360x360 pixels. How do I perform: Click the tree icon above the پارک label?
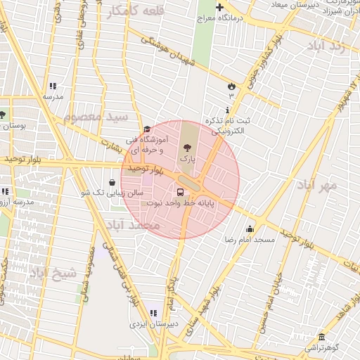pyautogui.click(x=187, y=148)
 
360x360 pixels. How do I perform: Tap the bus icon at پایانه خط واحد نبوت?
pyautogui.click(x=181, y=191)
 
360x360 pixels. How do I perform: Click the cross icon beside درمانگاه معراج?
pyautogui.click(x=220, y=8)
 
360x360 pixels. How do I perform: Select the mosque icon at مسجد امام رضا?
pyautogui.click(x=250, y=229)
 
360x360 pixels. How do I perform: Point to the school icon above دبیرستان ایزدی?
pyautogui.click(x=154, y=313)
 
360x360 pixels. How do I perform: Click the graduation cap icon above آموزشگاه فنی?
pyautogui.click(x=147, y=129)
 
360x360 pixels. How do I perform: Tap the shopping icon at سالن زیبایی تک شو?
pyautogui.click(x=112, y=181)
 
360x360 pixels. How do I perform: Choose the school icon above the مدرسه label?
pyautogui.click(x=53, y=86)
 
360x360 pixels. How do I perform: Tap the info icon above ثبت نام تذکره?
pyautogui.click(x=226, y=110)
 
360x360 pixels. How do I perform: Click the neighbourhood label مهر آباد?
pyautogui.click(x=317, y=185)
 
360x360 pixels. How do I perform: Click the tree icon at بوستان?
pyautogui.click(x=2, y=115)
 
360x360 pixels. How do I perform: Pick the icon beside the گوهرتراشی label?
pyautogui.click(x=321, y=337)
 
